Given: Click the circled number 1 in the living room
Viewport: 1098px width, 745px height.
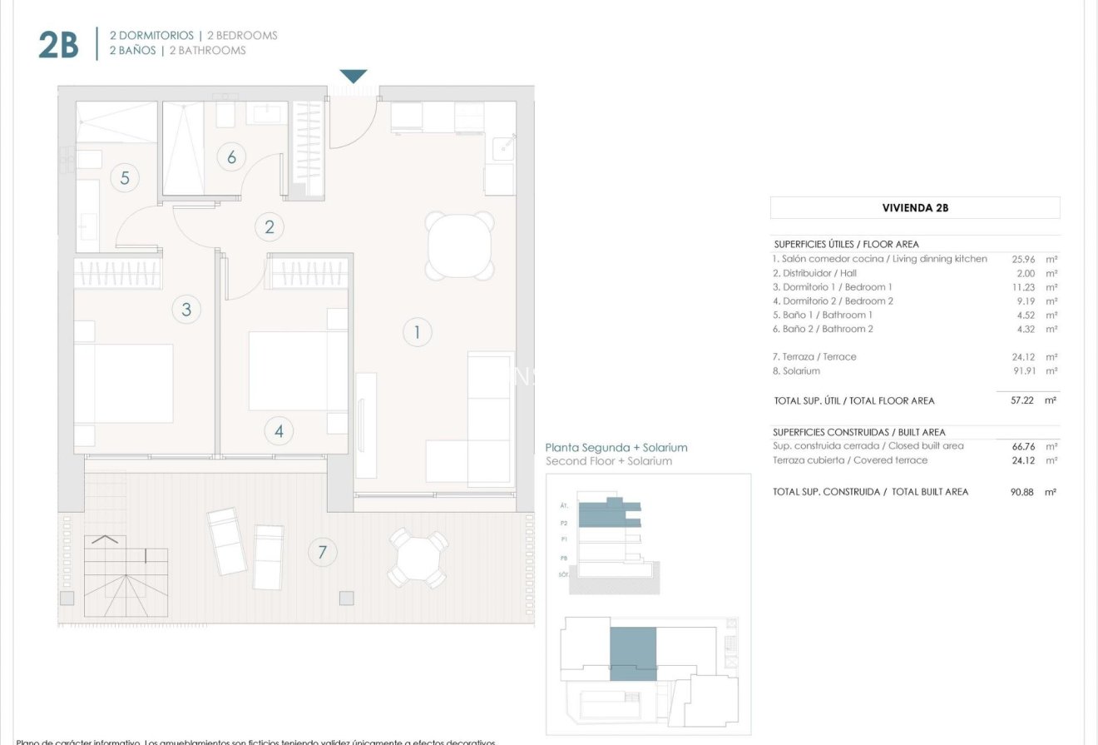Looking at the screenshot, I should click(417, 333).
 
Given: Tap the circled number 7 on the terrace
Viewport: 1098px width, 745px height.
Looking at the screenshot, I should click(322, 551).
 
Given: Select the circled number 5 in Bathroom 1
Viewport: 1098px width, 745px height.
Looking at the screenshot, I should click(124, 177).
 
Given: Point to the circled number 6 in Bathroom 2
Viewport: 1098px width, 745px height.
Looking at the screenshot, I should click(231, 156).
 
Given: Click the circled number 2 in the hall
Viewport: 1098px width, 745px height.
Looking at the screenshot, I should click(269, 226).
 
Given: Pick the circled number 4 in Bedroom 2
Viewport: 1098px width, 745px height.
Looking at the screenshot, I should click(279, 431).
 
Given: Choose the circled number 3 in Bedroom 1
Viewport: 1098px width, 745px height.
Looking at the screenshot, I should click(186, 310).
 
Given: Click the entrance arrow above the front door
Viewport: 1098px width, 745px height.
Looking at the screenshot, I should click(354, 77).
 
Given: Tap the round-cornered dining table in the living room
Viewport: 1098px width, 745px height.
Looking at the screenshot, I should click(460, 246).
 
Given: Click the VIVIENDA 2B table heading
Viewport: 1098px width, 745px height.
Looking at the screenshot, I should click(915, 208).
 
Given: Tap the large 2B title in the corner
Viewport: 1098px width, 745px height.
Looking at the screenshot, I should click(58, 47).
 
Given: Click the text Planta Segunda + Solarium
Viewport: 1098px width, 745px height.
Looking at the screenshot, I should click(616, 448).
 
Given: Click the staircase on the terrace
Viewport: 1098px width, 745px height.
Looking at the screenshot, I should click(115, 569).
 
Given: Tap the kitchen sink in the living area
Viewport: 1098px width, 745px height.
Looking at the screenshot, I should click(504, 148).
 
